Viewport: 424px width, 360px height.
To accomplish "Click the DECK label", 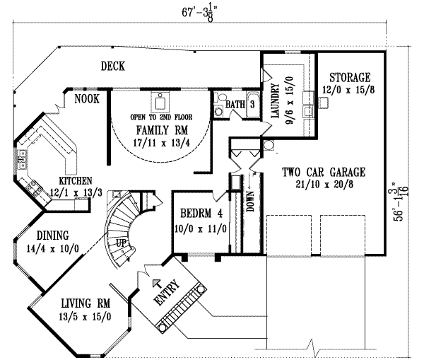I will pos(112,66).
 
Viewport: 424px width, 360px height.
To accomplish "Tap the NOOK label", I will pos(87,99).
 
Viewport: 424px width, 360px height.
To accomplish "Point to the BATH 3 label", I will pos(240,105).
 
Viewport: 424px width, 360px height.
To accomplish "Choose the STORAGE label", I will pos(348,76).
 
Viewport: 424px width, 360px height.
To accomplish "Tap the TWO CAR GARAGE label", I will pos(323,171).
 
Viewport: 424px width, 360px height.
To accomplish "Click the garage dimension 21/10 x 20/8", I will pos(323,183).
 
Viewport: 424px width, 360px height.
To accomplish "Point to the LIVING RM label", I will pos(78,303).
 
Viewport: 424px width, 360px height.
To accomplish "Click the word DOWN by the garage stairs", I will pos(249,202).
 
